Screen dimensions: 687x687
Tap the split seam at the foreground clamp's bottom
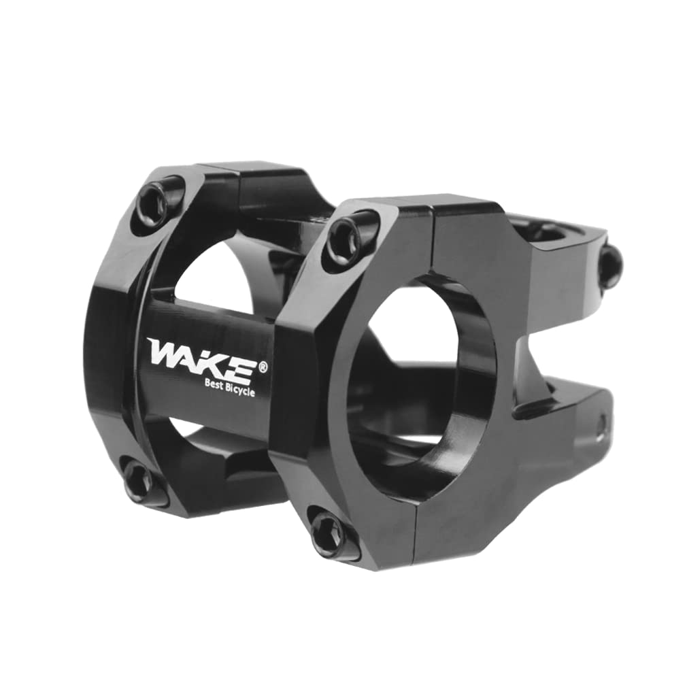coord(417,537)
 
